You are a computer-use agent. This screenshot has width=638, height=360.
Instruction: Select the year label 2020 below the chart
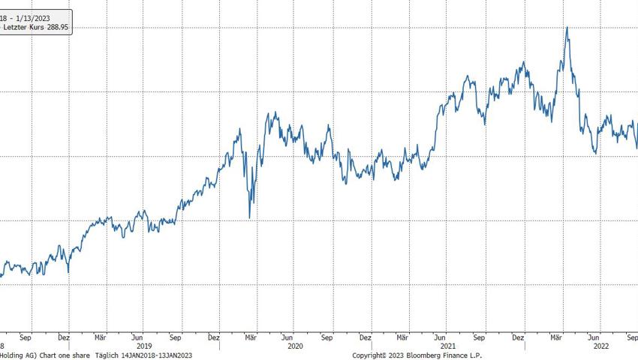pos(295,346)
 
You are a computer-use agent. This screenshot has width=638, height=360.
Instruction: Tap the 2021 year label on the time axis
pos(448,346)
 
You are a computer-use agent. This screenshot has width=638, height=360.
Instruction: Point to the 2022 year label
pos(601,346)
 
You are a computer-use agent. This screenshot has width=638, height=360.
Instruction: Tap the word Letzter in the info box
pos(16,26)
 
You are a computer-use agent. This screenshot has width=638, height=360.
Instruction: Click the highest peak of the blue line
pos(567,28)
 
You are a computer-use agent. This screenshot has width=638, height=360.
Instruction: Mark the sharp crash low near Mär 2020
pos(250,217)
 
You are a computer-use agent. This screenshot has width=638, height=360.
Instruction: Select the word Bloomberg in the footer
pos(425,355)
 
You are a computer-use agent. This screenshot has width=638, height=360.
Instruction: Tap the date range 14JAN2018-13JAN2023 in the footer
pos(157,355)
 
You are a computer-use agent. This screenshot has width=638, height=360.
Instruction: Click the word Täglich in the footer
pos(107,355)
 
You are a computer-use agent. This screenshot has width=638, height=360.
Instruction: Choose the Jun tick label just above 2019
pos(137,337)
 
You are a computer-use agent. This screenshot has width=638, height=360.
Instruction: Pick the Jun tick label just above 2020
pos(288,337)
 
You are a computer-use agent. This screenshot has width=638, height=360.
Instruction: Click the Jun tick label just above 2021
pos(441,337)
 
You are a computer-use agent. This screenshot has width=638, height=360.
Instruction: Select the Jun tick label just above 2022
pos(594,337)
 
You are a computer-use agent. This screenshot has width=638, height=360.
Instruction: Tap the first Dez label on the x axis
pos(63,337)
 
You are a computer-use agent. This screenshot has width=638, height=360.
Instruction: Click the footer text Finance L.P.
pos(464,355)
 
